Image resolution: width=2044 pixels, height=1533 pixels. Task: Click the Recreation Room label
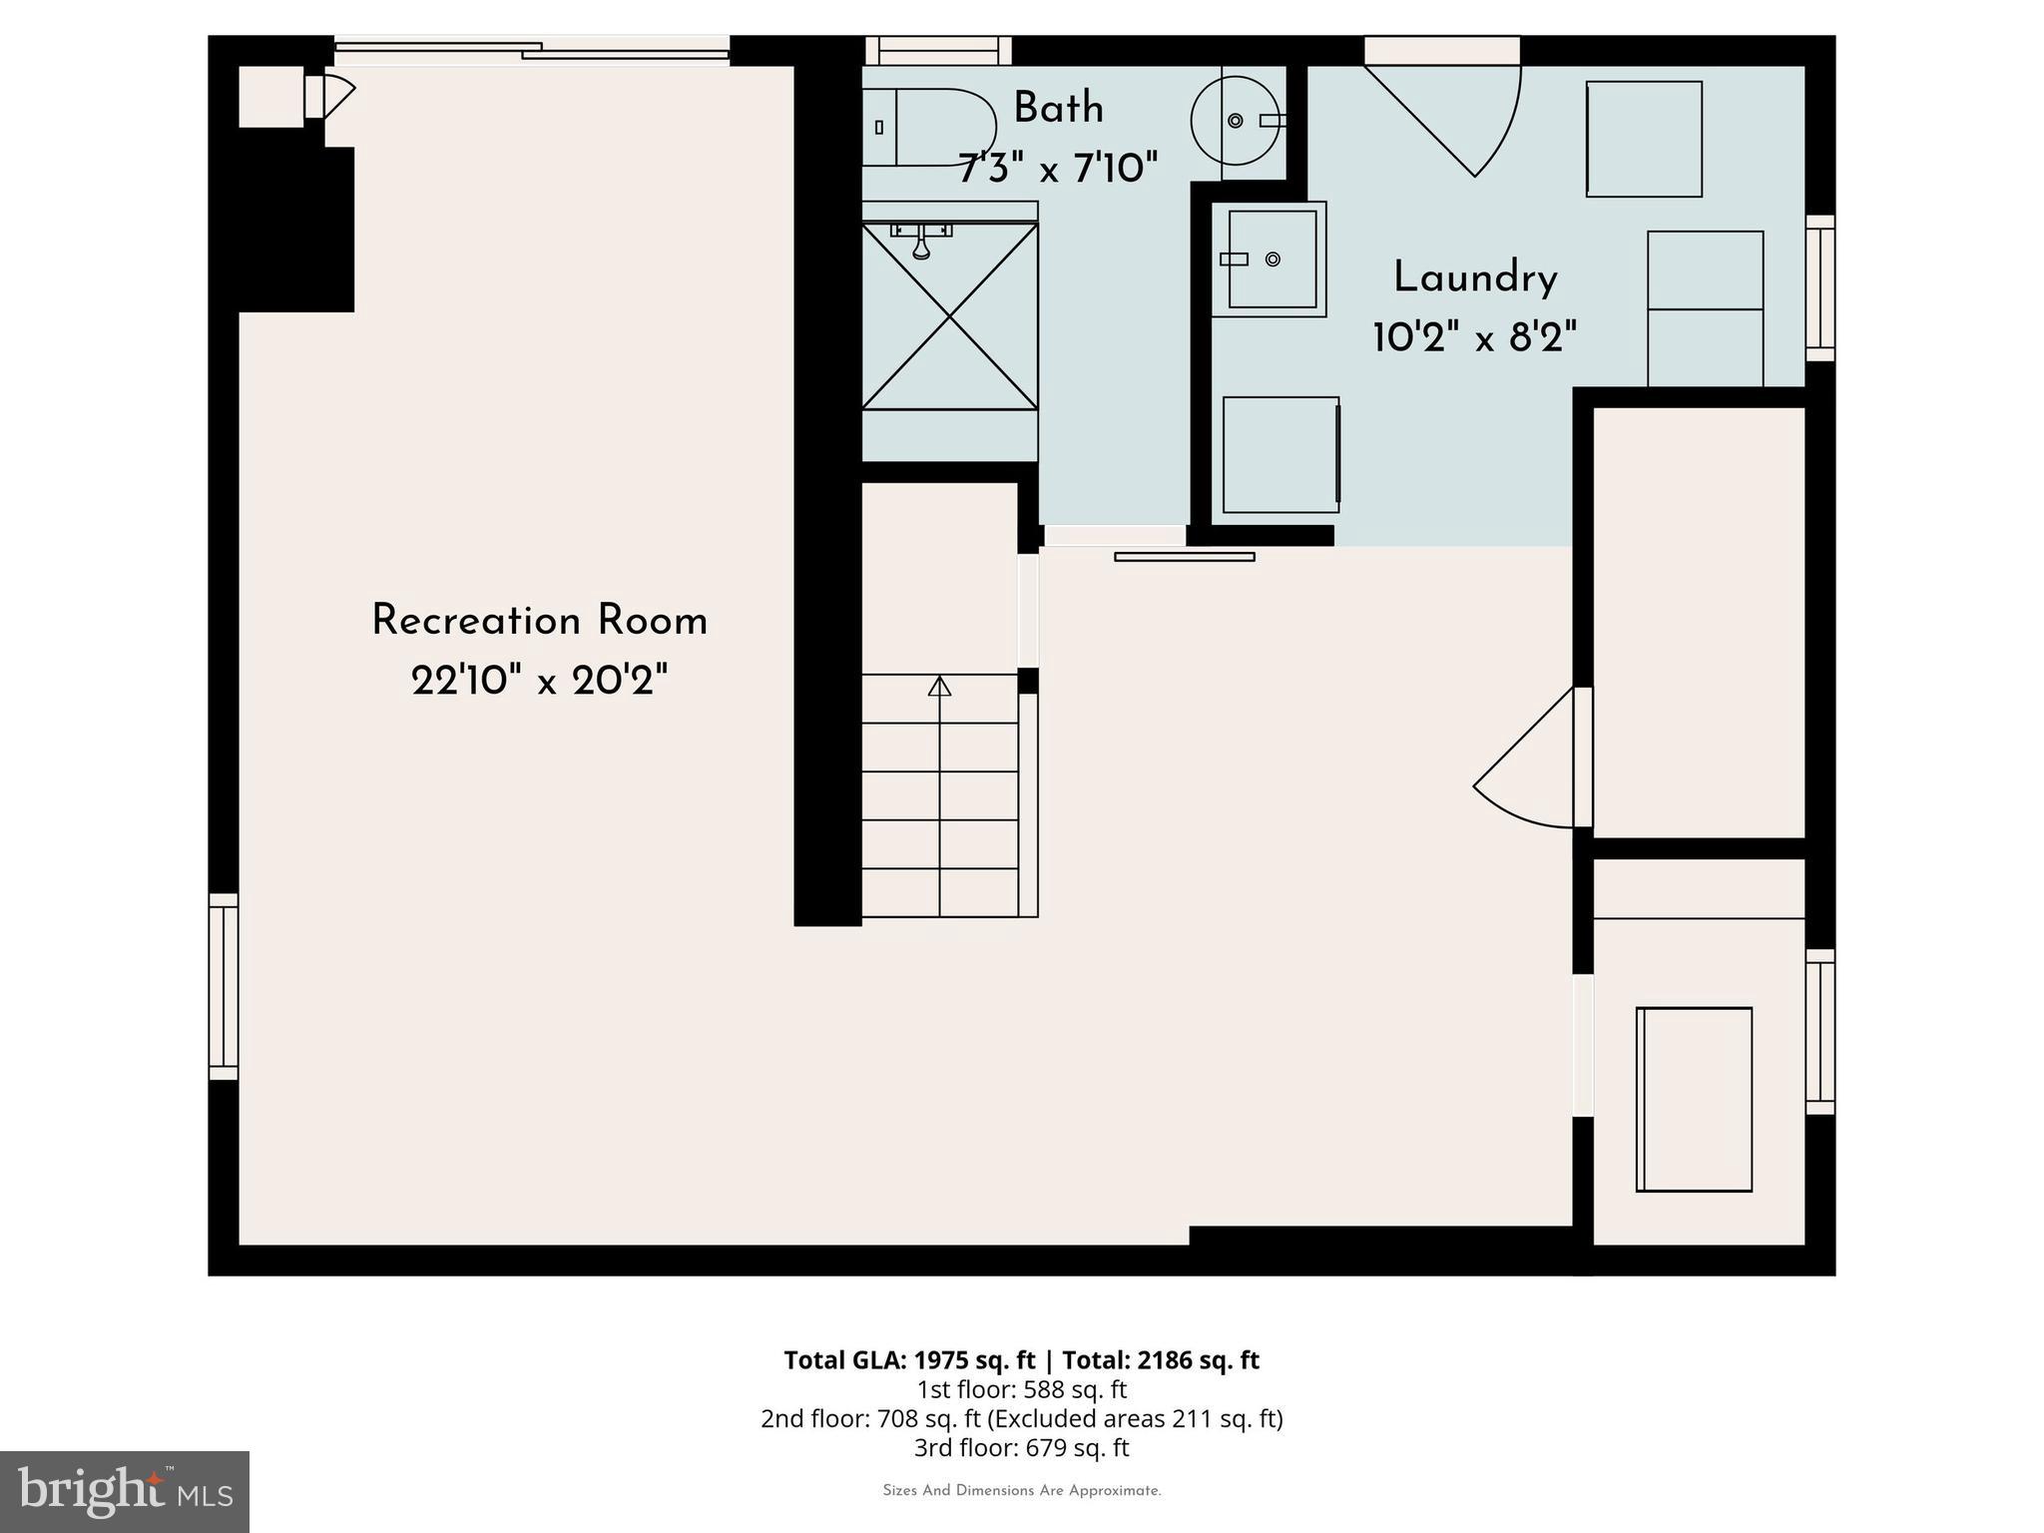point(539,621)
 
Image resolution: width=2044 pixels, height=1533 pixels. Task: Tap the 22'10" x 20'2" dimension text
point(539,682)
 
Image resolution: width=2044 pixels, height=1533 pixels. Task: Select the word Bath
point(1058,108)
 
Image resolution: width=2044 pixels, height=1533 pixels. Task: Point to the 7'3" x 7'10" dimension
point(1058,168)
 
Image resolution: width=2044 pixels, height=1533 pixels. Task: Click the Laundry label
point(1475,277)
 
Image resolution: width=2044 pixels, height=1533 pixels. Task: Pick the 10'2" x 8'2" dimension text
point(1475,338)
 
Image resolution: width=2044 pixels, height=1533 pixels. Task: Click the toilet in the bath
point(928,127)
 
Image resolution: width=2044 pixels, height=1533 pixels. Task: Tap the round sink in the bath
point(1236,121)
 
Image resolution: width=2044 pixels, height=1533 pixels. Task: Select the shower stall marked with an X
point(949,315)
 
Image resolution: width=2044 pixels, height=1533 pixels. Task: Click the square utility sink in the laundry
point(1271,259)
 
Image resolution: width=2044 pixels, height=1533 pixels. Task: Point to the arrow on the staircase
point(939,687)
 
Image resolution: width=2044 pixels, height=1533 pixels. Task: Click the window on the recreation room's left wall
point(224,986)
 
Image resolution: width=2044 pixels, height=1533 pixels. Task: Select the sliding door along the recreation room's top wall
point(531,50)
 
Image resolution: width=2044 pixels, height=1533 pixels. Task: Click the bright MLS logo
point(125,1491)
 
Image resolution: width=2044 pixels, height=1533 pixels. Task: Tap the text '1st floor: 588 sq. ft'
point(1021,1389)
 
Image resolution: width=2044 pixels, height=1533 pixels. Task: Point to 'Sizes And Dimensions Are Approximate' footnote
point(1021,1491)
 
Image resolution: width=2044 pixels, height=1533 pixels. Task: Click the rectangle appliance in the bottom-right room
point(1694,1099)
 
